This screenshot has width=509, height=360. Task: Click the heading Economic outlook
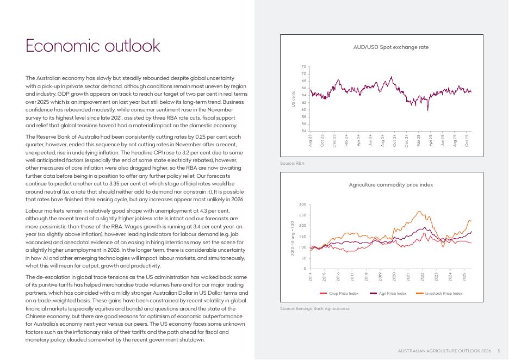tap(93, 46)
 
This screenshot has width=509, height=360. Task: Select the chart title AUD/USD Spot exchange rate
tap(390, 47)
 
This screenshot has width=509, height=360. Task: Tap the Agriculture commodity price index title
tap(390, 185)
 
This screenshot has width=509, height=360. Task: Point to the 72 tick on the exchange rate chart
tap(304, 67)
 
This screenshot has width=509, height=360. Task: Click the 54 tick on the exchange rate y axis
tap(304, 131)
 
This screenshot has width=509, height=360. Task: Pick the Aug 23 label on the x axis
tap(311, 140)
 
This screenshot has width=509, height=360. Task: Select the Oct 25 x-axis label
tap(467, 140)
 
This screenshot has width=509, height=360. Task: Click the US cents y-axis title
tap(293, 99)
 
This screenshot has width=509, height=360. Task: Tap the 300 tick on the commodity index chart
tap(303, 204)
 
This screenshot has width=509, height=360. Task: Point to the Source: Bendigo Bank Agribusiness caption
tap(314, 309)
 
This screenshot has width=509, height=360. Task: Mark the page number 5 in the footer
tap(499, 350)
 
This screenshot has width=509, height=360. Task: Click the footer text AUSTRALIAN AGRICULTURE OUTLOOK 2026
tap(445, 350)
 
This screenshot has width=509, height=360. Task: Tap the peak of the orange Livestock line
tap(419, 212)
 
